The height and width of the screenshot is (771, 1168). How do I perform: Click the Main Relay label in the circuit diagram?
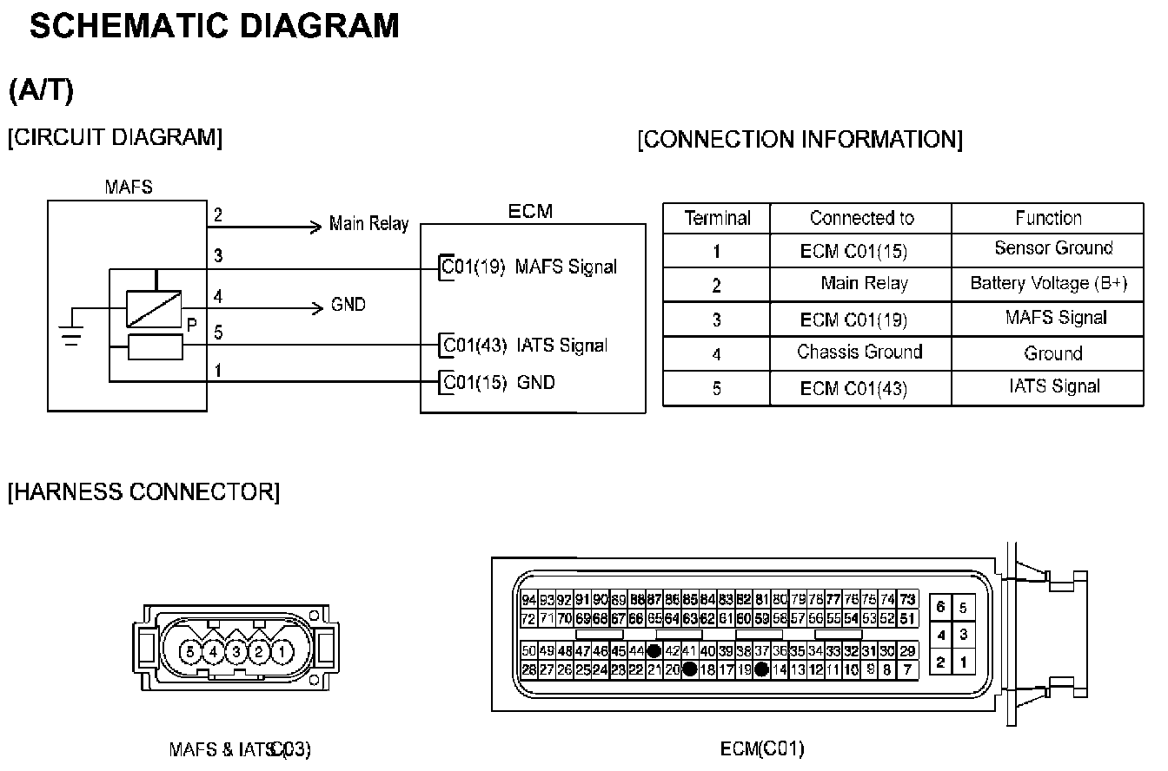coord(368,224)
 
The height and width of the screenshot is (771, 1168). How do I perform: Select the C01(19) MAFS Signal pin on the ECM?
coord(529,267)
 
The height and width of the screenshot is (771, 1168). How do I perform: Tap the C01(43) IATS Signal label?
coord(525,345)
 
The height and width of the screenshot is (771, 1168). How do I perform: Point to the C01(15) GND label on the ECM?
coord(499,382)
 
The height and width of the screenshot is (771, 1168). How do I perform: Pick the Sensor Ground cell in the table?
coord(1053,248)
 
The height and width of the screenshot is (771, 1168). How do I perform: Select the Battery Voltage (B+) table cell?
coord(1048,284)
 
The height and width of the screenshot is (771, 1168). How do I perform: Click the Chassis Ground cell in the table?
coord(859,353)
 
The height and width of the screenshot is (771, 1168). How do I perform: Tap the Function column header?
coord(1048,218)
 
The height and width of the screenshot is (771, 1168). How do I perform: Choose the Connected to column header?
coord(861,218)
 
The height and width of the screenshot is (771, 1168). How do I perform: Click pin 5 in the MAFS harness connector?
coord(190,650)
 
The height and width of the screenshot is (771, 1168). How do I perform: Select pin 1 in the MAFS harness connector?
coord(282,650)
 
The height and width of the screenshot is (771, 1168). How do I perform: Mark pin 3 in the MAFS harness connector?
coord(236,650)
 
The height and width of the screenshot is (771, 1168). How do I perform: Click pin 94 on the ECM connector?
coord(529,600)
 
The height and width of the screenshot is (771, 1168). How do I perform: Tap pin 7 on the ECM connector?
coord(908,669)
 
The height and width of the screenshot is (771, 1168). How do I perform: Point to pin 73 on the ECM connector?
coord(908,600)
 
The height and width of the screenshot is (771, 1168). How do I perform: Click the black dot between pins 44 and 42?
coord(654,650)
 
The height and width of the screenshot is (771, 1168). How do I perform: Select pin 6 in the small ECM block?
coord(941,608)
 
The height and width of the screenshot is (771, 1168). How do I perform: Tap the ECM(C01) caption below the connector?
coord(762,748)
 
